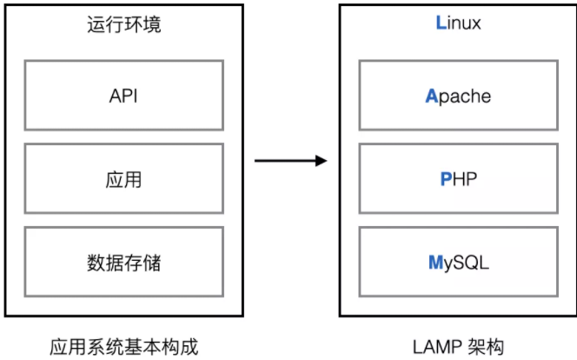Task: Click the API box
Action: click(123, 96)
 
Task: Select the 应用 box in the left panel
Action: click(123, 180)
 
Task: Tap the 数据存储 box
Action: click(123, 262)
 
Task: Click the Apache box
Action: click(458, 96)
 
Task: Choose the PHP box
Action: click(458, 180)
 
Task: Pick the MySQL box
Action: click(458, 262)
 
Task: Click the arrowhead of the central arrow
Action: click(321, 161)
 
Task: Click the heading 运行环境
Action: click(124, 24)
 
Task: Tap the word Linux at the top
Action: click(458, 23)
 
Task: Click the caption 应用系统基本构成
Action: click(124, 345)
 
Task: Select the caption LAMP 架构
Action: click(457, 345)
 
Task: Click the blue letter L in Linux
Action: click(440, 23)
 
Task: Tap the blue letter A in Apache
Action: click(431, 96)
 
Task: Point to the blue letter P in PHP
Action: click(445, 180)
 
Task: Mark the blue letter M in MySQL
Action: click(435, 262)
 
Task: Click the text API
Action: click(123, 96)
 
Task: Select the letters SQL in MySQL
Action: click(472, 262)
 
